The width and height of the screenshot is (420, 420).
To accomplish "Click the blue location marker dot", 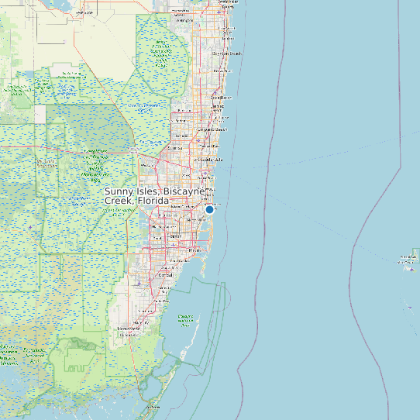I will coord(209,209).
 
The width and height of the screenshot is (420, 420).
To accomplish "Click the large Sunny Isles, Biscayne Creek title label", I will coord(155,195).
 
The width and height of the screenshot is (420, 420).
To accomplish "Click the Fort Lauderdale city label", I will coord(210,159).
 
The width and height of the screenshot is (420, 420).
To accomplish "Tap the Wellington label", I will coord(184,21).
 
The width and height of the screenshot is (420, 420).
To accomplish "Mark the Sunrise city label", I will coord(175,147).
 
